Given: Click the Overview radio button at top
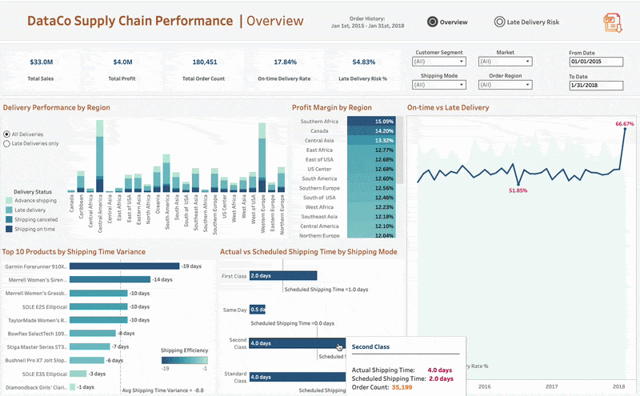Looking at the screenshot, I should tap(433, 22).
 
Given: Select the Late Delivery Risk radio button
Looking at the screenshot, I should tap(500, 22).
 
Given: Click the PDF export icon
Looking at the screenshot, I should tap(613, 23).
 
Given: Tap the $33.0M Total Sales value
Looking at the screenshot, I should tap(41, 62).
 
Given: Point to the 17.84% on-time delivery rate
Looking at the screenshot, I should tap(285, 62).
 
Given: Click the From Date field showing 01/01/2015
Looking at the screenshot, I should tap(595, 61).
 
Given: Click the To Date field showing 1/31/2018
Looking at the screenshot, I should tap(595, 86).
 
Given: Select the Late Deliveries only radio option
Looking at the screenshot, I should tap(7, 144).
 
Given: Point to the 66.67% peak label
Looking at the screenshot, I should tap(624, 124).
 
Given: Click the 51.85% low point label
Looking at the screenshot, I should tap(518, 190).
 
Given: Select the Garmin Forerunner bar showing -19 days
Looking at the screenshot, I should tap(124, 266).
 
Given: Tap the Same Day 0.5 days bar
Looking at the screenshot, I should tap(258, 309).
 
